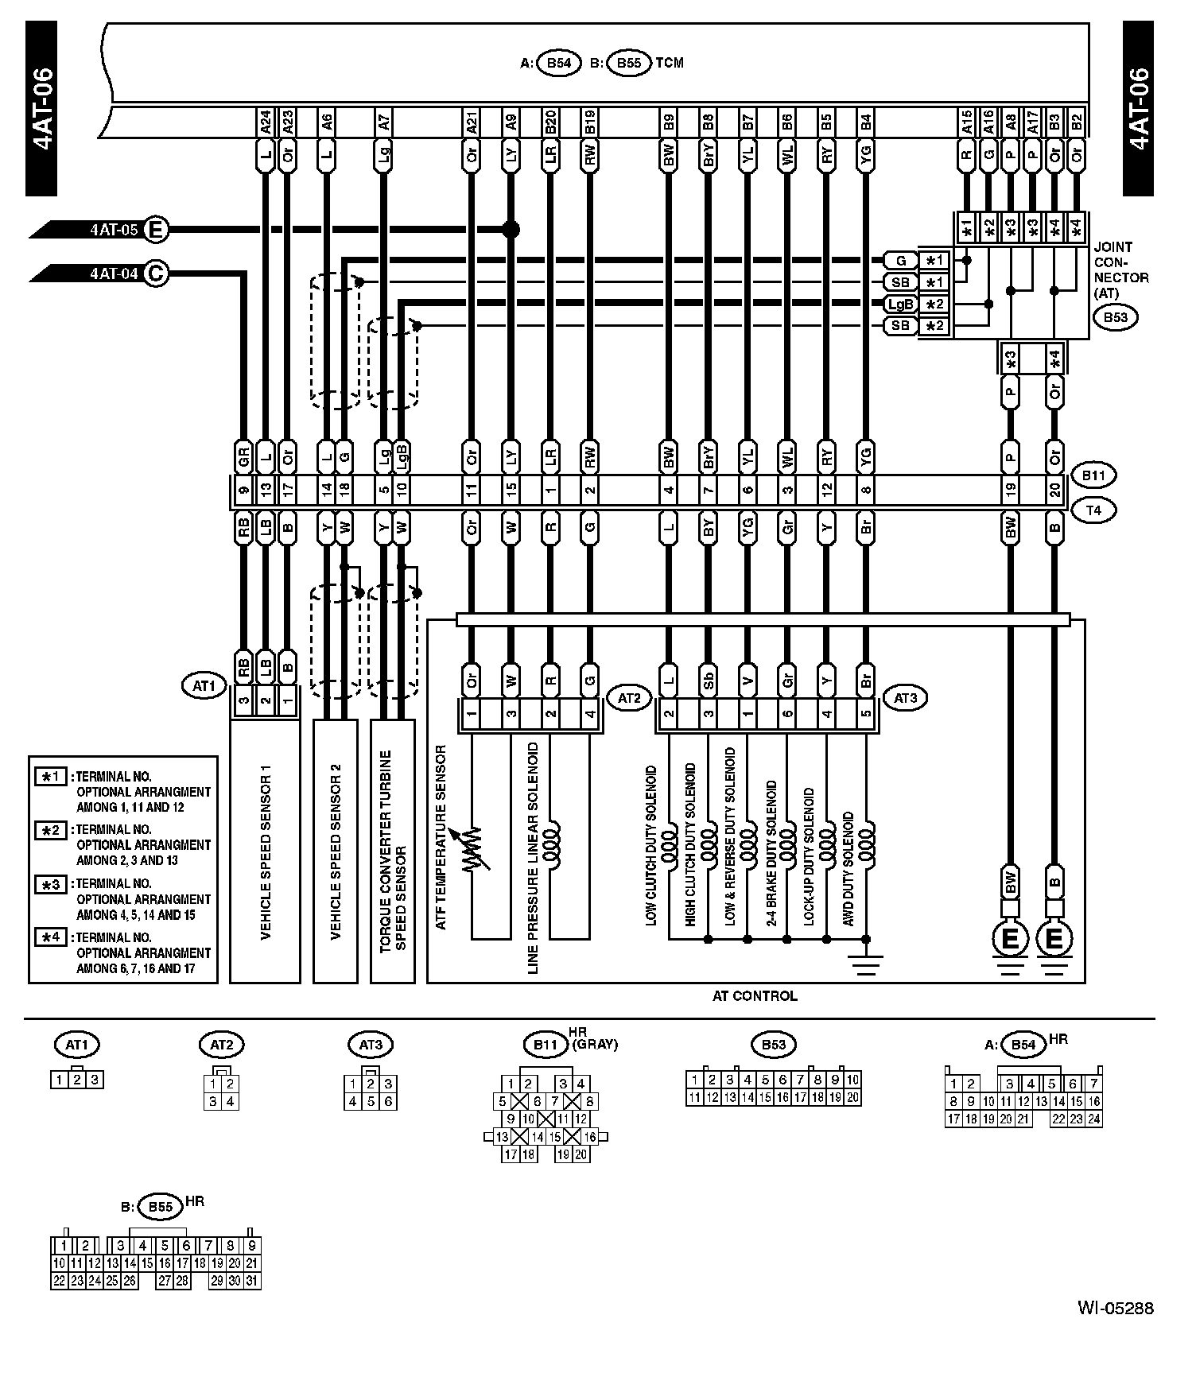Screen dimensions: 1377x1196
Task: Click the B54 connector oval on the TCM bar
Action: click(560, 64)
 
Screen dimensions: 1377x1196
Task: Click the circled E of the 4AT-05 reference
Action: click(156, 231)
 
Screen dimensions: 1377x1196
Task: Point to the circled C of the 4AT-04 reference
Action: click(156, 274)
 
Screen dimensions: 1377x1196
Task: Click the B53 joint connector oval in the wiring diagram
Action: click(1115, 318)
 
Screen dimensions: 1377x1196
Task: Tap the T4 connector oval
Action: click(1093, 510)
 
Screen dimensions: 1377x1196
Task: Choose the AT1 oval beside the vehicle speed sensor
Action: click(204, 685)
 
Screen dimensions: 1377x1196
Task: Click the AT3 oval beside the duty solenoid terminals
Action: click(906, 699)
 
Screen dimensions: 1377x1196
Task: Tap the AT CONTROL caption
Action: click(755, 996)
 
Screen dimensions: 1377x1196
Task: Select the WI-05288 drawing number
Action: click(1115, 1309)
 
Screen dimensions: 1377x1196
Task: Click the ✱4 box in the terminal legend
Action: click(50, 937)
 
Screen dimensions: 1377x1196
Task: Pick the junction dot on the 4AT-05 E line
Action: click(511, 231)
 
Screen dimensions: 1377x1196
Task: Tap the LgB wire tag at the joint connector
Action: click(901, 304)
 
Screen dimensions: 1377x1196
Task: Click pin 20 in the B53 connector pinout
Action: click(852, 1098)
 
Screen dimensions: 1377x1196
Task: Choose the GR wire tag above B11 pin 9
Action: click(244, 457)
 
